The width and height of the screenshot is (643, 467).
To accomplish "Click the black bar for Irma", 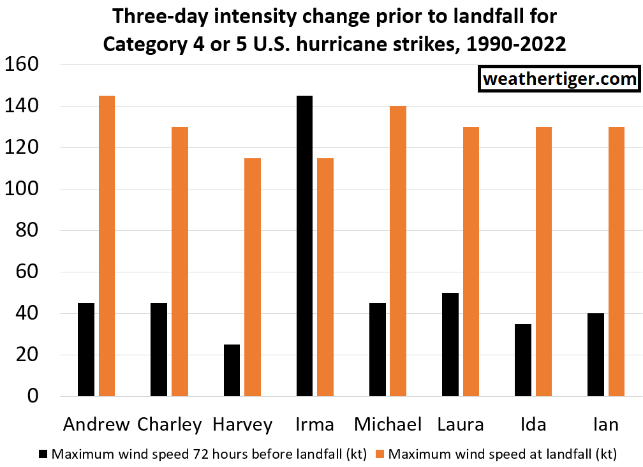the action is point(304,246).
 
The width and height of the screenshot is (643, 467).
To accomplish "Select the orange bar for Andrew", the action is point(107,246).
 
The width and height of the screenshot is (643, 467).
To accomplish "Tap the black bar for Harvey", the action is point(232,371).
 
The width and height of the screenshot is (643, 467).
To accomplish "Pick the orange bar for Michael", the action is point(398,251).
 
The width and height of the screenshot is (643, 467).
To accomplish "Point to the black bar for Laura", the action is point(450,345).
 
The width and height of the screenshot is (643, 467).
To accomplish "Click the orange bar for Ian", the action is point(616,262).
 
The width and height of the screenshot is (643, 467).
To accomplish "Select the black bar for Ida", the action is point(523,360).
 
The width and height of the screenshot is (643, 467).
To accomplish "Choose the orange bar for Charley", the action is point(180,262).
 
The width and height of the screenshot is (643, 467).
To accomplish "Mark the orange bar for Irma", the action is point(325,277).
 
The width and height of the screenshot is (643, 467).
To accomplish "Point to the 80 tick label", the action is point(27,230).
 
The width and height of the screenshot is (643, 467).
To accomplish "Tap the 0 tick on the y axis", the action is point(33,396).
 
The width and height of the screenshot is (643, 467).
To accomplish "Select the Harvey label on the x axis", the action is point(242,425).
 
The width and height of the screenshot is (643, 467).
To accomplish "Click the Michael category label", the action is point(388,424).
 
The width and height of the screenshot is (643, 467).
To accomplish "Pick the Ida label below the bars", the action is point(533,424).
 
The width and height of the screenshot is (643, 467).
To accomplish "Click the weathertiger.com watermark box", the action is point(559,78).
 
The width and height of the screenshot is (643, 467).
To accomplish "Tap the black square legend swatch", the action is point(43,454).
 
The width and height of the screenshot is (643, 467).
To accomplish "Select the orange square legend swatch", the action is point(380,454).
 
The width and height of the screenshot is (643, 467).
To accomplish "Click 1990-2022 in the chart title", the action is point(516,44).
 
